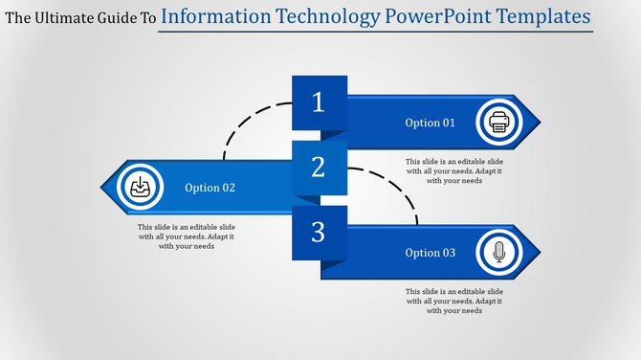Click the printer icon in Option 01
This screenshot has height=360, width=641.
coord(498,122)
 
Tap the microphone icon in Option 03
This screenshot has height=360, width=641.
coord(498,253)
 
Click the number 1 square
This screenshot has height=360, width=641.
coord(319,102)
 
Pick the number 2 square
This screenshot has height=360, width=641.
coord(319,168)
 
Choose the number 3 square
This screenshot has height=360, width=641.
coord(319,232)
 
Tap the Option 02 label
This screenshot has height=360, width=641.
coord(210,188)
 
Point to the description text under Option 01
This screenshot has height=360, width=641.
coord(453,171)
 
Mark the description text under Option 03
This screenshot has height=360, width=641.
coord(453,301)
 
